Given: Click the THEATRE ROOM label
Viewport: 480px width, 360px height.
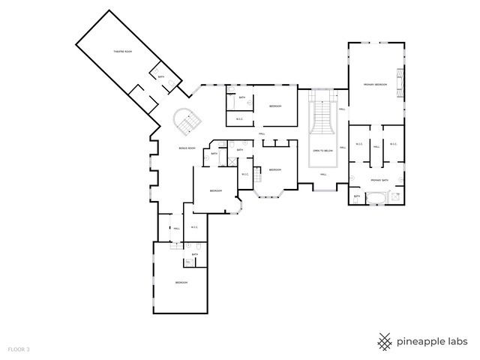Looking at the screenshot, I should pyautogui.click(x=122, y=51).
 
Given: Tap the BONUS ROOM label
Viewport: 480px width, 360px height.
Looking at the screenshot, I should pyautogui.click(x=187, y=148).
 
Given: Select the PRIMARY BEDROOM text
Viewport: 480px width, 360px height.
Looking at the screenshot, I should pyautogui.click(x=375, y=85).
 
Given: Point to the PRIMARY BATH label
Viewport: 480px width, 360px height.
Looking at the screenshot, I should pyautogui.click(x=379, y=181).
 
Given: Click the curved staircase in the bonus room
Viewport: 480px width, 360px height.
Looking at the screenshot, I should pyautogui.click(x=185, y=121).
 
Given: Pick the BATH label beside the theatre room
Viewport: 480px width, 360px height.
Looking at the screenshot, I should pyautogui.click(x=160, y=76).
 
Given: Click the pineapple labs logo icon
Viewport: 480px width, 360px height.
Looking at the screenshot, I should pyautogui.click(x=385, y=341).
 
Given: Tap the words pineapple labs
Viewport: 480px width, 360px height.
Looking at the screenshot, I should pyautogui.click(x=433, y=341).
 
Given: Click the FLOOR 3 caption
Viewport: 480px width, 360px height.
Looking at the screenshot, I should pyautogui.click(x=19, y=349).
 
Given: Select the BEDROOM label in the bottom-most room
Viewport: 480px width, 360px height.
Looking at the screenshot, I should pyautogui.click(x=181, y=282).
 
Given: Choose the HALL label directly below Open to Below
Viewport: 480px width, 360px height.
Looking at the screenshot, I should pyautogui.click(x=322, y=175).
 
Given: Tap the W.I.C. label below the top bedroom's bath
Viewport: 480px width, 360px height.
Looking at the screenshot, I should pyautogui.click(x=239, y=118).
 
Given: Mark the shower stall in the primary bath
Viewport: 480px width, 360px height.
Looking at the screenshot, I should pyautogui.click(x=358, y=196).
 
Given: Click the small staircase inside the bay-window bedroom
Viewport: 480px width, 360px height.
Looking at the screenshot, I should pyautogui.click(x=259, y=175).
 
